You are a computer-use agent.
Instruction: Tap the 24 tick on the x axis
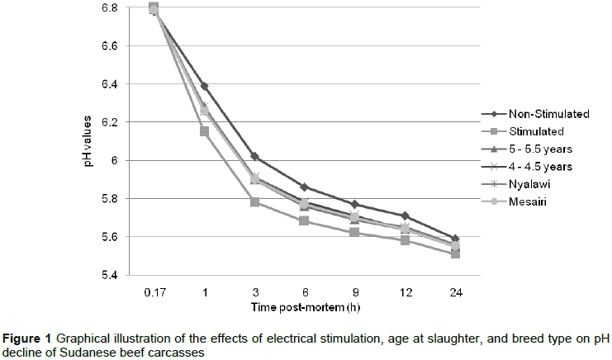coord(455,292)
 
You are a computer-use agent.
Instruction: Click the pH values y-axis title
coord(88,141)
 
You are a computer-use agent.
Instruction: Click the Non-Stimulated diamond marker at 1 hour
coord(204,86)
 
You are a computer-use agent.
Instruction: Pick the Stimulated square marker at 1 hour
coord(204,131)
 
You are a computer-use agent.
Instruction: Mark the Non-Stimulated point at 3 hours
coord(254,156)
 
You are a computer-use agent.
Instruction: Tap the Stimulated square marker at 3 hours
coord(254,202)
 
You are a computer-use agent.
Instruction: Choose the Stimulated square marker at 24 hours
coord(455,254)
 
